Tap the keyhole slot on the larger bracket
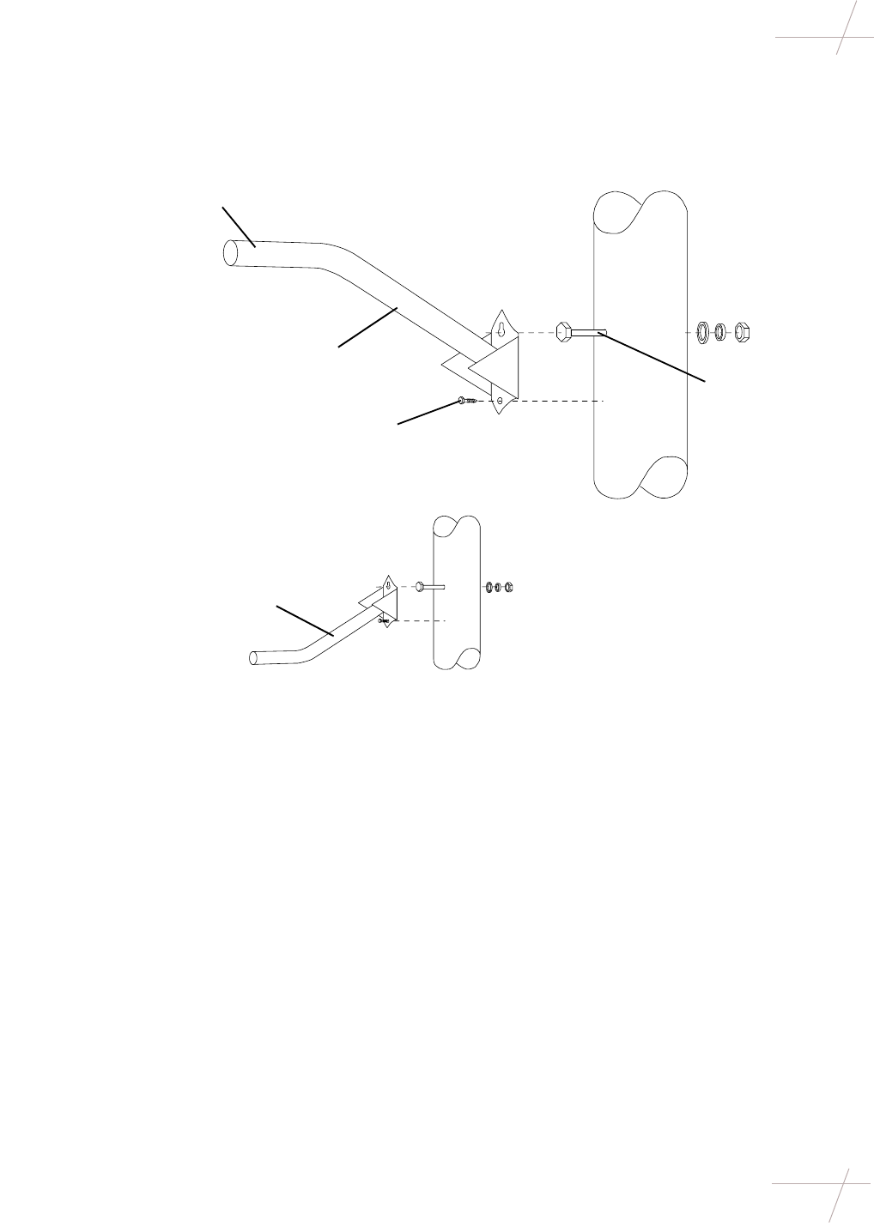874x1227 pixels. click(501, 327)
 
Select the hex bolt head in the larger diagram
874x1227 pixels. click(563, 331)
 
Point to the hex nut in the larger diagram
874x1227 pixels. click(744, 331)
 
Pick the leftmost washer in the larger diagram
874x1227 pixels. click(701, 331)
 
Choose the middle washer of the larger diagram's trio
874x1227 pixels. click(722, 331)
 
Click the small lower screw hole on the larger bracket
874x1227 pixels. click(500, 401)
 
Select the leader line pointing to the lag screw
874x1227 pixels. click(428, 412)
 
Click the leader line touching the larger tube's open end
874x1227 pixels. click(239, 227)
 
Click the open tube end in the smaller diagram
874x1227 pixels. click(253, 658)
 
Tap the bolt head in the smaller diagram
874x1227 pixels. click(418, 586)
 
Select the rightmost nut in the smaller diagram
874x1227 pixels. click(508, 587)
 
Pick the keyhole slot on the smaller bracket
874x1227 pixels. click(388, 585)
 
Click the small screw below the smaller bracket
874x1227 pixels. click(384, 620)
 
